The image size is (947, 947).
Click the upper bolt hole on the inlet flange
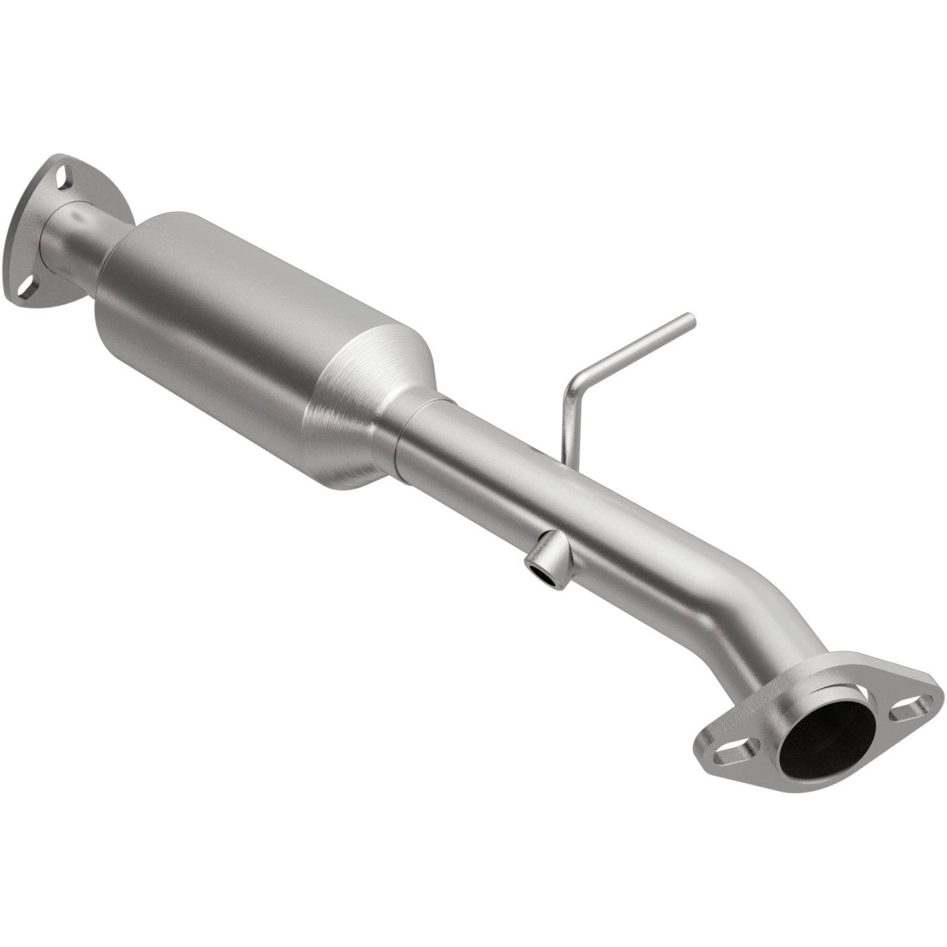coord(62,176)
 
